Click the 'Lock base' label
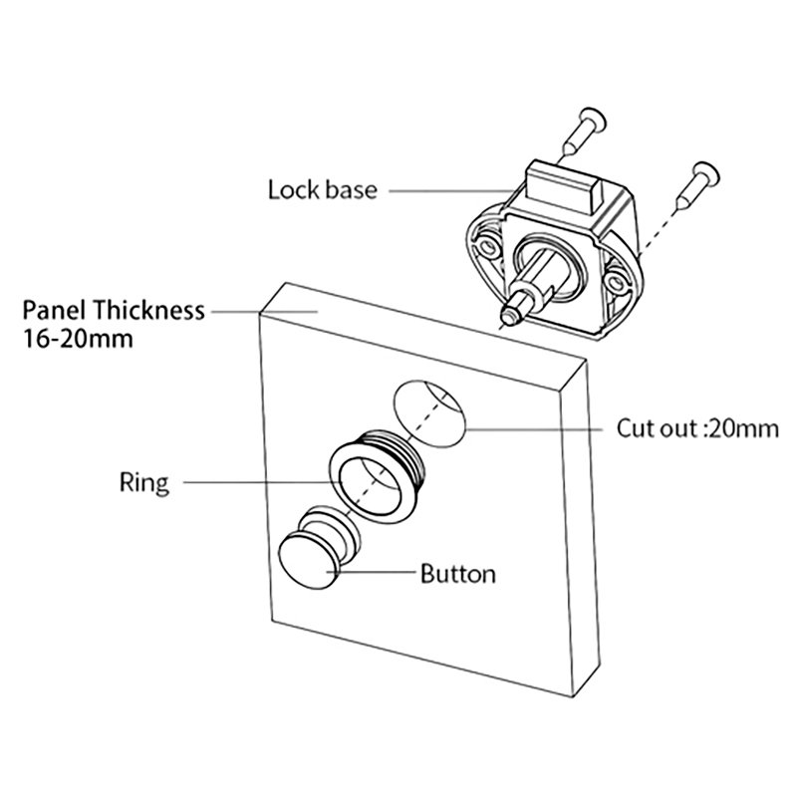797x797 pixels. click(x=322, y=188)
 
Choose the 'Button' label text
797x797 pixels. click(x=457, y=574)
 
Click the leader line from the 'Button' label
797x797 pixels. click(x=379, y=573)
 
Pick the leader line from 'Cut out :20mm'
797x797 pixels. click(x=538, y=429)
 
